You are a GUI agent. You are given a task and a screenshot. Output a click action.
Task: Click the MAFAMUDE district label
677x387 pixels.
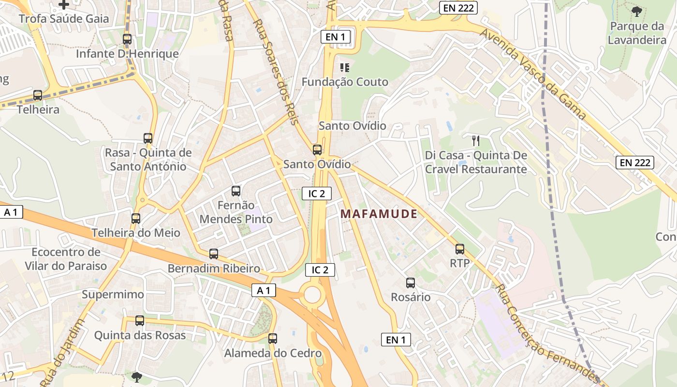379,214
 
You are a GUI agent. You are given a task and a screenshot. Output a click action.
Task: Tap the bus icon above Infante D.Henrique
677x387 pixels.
127,39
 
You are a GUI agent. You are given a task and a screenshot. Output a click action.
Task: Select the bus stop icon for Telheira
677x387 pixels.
38,95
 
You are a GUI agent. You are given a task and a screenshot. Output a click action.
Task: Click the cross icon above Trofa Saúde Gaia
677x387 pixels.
64,5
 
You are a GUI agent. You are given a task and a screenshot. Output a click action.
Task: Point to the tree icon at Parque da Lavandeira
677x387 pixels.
637,11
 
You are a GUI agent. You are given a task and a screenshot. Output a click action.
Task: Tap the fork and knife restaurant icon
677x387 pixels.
476,141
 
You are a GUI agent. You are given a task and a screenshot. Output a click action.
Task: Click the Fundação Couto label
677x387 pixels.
345,82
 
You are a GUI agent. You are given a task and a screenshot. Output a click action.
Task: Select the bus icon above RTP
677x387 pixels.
459,249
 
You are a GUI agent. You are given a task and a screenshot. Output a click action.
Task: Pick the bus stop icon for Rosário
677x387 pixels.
411,283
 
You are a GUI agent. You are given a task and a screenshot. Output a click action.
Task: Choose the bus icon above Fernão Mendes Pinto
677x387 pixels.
236,191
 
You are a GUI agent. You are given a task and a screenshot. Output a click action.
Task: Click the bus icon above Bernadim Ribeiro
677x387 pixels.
214,254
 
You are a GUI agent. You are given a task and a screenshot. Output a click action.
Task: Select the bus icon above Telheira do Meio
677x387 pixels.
136,219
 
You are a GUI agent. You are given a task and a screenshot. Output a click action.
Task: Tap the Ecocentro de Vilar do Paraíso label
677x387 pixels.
66,259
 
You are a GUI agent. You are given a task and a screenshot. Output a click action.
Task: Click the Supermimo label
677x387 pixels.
113,295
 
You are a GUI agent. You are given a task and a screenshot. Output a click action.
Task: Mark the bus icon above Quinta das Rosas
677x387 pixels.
140,320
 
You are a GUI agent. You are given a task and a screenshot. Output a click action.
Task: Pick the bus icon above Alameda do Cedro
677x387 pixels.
273,339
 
